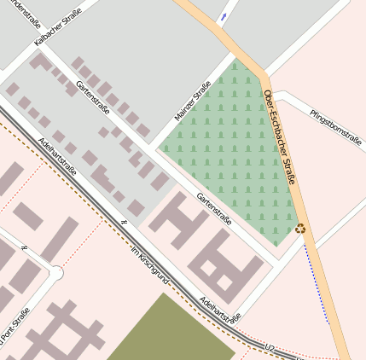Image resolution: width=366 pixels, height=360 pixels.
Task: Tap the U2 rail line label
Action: click(270, 347)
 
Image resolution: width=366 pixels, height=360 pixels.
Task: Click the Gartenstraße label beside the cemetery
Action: click(214, 210)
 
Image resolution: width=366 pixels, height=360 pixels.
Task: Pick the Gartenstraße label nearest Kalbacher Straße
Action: click(93, 98)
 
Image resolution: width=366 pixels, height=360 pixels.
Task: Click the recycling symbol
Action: click(299, 228)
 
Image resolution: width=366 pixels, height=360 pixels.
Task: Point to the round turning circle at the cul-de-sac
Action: click(56, 273)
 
